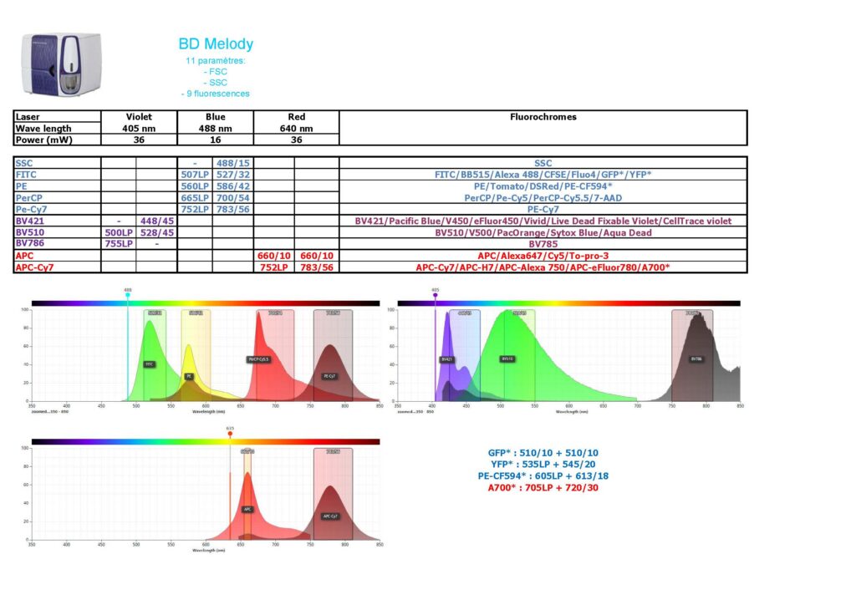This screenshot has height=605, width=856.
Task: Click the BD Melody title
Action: click(x=216, y=44)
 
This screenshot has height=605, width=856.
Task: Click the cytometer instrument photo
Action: click(x=61, y=64)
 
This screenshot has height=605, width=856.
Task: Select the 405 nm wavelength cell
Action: click(x=139, y=129)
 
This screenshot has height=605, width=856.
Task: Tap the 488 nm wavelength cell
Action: click(x=215, y=129)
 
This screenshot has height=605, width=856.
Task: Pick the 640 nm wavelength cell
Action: click(x=296, y=129)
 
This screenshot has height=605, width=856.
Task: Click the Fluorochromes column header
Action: click(x=543, y=117)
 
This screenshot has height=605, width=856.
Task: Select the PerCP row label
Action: click(x=33, y=198)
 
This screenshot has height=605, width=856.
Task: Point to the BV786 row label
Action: click(x=33, y=244)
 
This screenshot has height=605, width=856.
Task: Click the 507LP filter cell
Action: click(x=194, y=175)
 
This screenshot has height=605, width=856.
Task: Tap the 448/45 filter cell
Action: click(x=156, y=221)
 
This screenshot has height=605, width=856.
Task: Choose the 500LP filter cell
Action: click(x=118, y=233)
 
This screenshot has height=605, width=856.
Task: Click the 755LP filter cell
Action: click(x=118, y=244)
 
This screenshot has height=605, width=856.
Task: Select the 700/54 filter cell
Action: click(x=232, y=198)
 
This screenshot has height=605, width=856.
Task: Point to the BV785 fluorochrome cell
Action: click(x=543, y=244)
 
